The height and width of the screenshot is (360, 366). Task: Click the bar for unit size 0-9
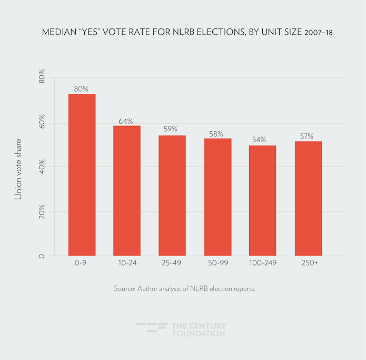[82, 175]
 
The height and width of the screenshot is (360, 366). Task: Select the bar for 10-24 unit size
[127, 191]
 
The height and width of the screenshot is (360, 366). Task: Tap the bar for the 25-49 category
[172, 196]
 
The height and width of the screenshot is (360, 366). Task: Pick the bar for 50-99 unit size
[217, 197]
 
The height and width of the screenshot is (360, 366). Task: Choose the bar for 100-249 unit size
[262, 201]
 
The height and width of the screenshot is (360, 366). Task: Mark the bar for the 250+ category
[308, 199]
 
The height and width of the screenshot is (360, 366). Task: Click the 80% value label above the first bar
[81, 89]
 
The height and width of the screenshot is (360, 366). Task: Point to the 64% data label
[126, 121]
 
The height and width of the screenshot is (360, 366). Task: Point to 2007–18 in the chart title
[318, 33]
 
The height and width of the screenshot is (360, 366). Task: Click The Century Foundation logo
[181, 329]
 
